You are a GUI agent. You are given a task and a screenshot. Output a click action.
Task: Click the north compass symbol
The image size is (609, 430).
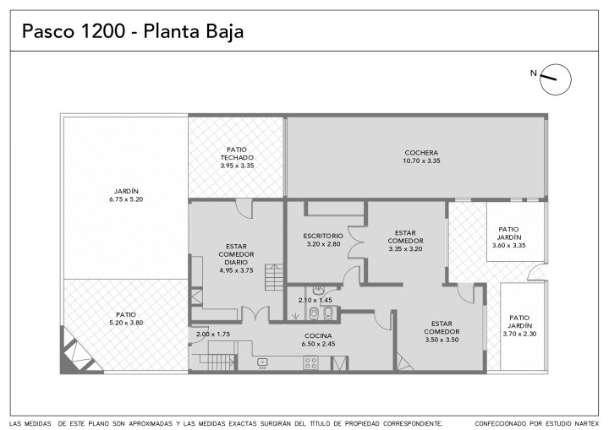(556, 79)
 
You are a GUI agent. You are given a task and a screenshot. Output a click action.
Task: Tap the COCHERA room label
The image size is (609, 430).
(421, 153)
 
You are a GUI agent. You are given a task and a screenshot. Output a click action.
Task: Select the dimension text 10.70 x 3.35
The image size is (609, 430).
(421, 161)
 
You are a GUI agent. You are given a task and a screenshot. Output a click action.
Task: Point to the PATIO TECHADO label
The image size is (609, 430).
(237, 154)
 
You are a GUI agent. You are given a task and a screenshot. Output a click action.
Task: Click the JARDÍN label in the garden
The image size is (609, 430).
(126, 191)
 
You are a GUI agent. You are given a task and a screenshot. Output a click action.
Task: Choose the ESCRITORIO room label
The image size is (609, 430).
(323, 236)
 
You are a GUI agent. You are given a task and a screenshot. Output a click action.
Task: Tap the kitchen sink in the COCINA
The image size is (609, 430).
(262, 362)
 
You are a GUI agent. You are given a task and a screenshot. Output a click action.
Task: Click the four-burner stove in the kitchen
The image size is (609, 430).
(310, 363)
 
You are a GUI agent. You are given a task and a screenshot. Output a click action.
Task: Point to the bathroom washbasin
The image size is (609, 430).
(319, 291)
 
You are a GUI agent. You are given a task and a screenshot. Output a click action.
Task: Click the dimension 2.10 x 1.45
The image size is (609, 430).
(315, 300)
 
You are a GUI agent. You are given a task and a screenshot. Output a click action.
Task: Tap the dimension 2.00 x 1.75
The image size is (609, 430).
(213, 334)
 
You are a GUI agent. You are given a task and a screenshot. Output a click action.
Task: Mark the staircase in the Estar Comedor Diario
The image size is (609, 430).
(275, 277)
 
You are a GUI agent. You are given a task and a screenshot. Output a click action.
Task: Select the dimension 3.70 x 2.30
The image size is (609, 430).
(519, 334)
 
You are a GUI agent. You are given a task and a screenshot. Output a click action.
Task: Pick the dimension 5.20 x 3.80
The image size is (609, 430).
(126, 323)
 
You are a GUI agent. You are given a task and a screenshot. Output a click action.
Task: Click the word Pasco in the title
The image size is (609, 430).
(48, 31)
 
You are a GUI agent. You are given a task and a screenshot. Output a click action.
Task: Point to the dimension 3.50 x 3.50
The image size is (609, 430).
(442, 340)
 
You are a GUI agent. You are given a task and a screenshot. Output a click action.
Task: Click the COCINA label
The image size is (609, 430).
(318, 335)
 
